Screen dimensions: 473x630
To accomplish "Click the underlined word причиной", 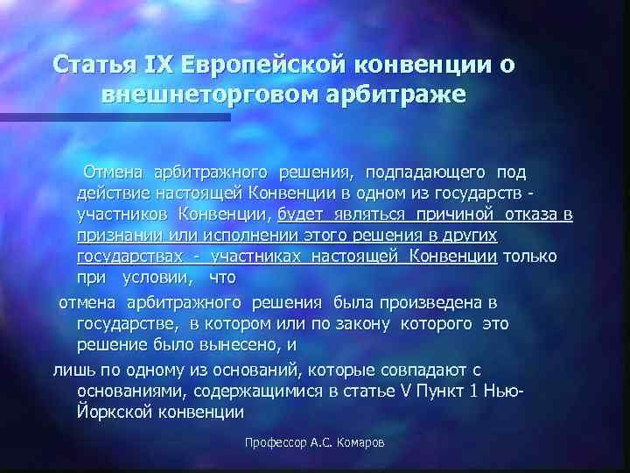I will tap(453, 214).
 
